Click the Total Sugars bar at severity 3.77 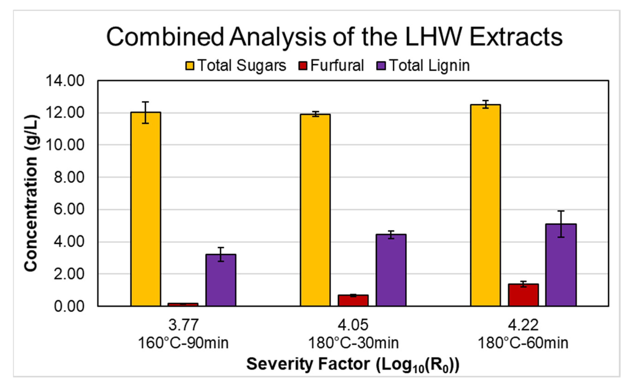pos(146,209)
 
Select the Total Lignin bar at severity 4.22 pos(561,265)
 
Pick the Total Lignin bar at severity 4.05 pos(391,270)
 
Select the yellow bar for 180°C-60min pos(485,205)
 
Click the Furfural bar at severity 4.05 pos(353,300)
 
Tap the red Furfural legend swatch pos(303,66)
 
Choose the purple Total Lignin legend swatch pos(381,66)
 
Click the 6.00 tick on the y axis pos(69,209)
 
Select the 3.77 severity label pos(183,325)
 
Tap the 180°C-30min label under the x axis pos(353,343)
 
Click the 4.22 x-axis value pos(523,325)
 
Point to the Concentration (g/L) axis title pos(31,193)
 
